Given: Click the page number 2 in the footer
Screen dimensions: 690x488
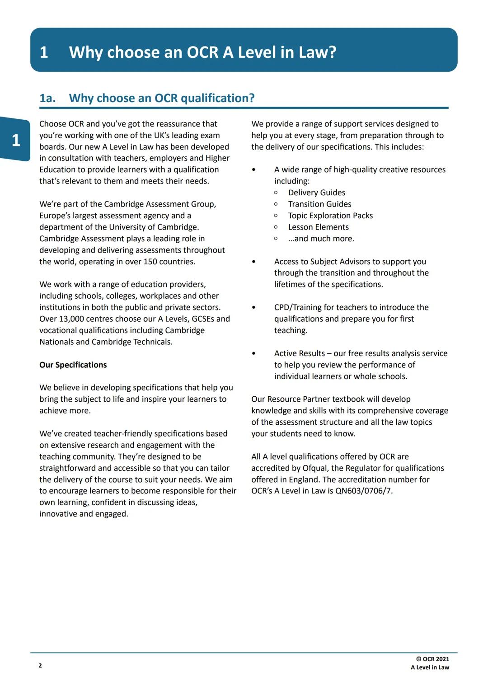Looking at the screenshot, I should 40,666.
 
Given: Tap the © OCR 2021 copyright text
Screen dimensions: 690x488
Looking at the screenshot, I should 432,659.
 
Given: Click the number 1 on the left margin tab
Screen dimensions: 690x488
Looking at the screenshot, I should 16,140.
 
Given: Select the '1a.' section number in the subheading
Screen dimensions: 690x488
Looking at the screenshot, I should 47,98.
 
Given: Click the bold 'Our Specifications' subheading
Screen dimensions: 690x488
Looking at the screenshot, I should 73,365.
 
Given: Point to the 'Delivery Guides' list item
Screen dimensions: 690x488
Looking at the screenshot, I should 317,192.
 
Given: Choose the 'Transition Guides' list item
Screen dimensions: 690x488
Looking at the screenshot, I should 319,204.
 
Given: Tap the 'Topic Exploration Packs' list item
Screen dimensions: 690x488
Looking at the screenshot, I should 330,216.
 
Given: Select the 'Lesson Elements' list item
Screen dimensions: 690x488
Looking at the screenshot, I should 319,227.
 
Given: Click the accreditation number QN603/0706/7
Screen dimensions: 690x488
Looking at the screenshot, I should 364,491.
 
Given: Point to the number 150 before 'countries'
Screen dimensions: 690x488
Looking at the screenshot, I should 150,262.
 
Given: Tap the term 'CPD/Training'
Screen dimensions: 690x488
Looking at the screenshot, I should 298,307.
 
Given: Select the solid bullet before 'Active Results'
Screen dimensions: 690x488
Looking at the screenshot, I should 253,353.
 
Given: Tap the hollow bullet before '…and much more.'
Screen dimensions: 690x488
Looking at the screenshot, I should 276,239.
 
